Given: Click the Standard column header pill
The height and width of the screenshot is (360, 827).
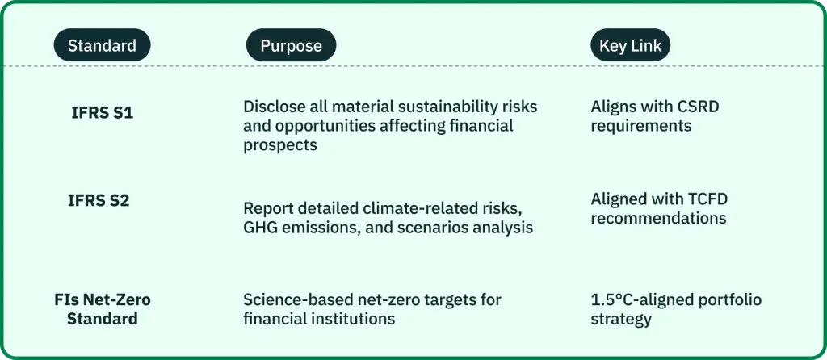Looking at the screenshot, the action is click(102, 45).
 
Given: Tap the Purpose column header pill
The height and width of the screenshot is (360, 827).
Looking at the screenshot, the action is click(291, 45).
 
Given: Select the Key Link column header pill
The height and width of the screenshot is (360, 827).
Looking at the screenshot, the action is click(630, 45).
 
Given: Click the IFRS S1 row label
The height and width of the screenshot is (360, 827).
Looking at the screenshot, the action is click(103, 113).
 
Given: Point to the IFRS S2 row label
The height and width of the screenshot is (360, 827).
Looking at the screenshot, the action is click(99, 200).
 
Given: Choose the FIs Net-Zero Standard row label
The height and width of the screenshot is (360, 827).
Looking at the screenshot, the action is click(103, 309).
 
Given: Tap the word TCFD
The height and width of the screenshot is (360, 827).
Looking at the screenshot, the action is click(703, 199).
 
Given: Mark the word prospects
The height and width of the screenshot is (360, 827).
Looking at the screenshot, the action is click(280, 145).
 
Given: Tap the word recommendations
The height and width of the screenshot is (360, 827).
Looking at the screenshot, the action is click(658, 218).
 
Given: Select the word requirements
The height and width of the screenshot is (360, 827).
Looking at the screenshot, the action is click(640, 127).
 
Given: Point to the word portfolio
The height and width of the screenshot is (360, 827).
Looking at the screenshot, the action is click(725, 300).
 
